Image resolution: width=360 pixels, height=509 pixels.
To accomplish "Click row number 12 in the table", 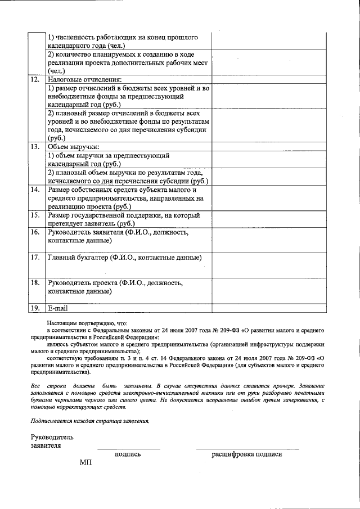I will tap(35, 80).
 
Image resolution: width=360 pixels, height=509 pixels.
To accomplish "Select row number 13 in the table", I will tap(35, 147).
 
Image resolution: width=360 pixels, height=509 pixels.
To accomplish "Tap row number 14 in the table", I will tap(35, 190).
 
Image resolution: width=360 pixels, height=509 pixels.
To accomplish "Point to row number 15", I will tap(35, 215).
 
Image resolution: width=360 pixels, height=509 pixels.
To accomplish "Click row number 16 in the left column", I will tap(35, 232).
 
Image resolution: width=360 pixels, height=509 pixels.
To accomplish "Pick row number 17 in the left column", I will tap(35, 258).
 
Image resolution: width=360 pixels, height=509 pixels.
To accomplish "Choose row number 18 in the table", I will tap(35, 283).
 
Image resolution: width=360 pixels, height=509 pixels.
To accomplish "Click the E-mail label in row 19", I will tap(58, 308).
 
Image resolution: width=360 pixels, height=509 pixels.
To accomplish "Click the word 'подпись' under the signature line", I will tap(128, 454).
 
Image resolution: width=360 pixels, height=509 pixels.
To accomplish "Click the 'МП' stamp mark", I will tap(85, 462).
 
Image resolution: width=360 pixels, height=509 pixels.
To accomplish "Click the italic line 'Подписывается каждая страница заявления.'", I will tap(90, 421).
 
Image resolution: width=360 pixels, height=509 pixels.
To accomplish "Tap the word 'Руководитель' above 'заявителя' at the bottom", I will tap(52, 437).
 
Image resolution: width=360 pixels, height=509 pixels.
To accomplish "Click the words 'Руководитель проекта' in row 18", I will tap(83, 283).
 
